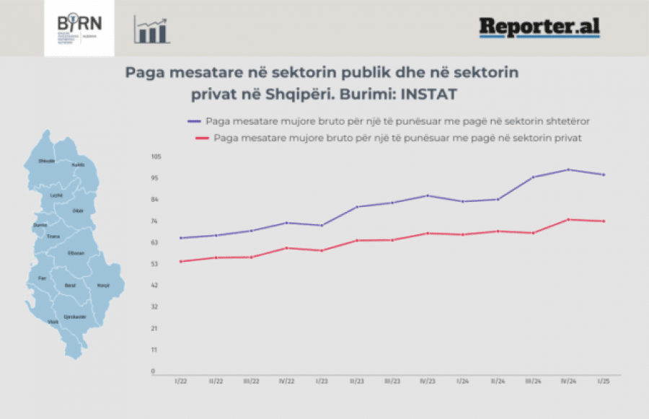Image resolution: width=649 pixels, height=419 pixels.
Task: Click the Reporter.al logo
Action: click(539, 27)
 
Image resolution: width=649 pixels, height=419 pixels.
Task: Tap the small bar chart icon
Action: click(151, 30)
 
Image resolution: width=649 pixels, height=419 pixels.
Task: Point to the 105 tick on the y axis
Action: click(156, 156)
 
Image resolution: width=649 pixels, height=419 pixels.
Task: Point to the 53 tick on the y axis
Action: click(154, 264)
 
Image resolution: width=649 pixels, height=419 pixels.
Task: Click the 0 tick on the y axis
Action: click(153, 371)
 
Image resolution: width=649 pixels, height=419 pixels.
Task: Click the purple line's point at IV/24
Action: click(569, 169)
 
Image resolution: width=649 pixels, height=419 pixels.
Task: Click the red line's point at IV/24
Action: click(569, 219)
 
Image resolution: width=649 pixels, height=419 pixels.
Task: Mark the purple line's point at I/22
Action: click(180, 238)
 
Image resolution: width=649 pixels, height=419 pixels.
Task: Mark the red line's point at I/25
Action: click(604, 221)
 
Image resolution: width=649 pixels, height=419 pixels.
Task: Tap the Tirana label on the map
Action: click(53, 237)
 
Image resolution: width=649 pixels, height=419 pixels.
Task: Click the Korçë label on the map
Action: click(103, 286)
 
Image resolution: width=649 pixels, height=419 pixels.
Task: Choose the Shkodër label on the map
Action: click(47, 161)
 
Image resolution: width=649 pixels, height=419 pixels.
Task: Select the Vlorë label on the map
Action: click(53, 322)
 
